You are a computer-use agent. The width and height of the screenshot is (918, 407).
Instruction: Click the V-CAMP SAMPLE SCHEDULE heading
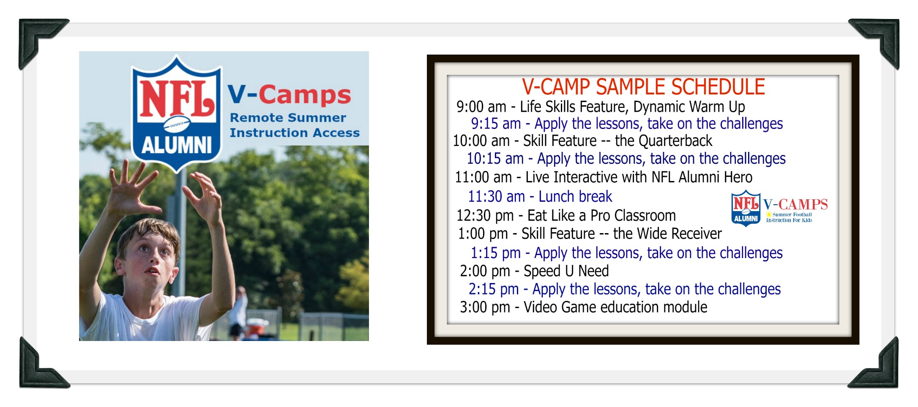tap(643, 87)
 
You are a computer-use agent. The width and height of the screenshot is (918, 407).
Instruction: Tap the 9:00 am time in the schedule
tap(481, 107)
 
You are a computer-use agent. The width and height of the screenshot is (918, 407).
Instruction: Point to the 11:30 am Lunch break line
tap(540, 196)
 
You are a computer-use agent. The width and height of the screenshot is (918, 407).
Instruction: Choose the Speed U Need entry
tap(566, 271)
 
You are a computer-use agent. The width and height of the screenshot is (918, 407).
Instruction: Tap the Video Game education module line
tap(615, 307)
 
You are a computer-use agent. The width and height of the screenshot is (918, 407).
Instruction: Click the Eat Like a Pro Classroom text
tap(601, 215)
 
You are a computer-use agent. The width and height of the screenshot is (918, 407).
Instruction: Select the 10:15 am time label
tap(495, 159)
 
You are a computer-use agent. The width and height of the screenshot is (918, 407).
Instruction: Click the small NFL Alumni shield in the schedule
tap(746, 208)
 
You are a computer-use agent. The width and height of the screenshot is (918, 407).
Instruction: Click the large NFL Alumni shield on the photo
tap(177, 113)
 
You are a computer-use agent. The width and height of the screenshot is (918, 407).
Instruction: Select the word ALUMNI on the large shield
tap(177, 145)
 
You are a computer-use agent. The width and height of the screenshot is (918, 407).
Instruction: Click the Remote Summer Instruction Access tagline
tap(294, 125)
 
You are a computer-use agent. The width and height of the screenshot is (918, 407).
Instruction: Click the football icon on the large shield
tap(177, 124)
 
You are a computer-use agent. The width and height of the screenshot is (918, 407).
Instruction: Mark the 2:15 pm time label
tap(493, 289)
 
